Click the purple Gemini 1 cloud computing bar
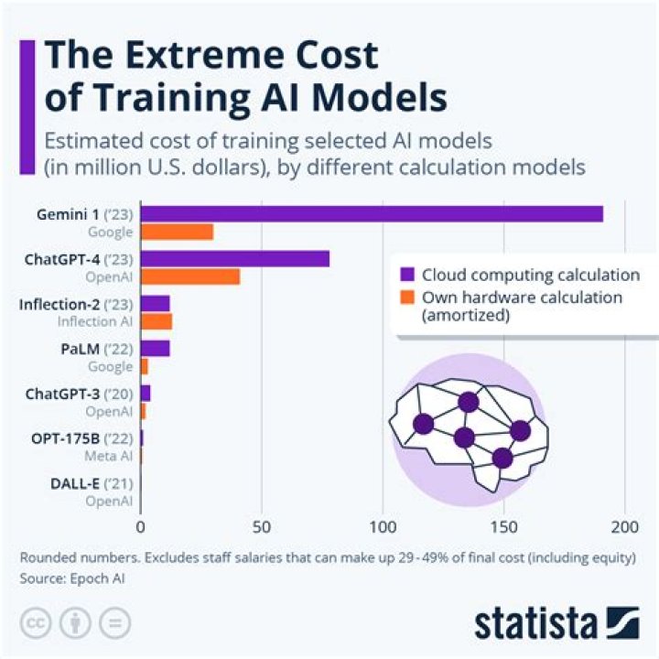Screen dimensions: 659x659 pyautogui.click(x=371, y=213)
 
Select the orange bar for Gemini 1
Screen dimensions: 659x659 pyautogui.click(x=177, y=232)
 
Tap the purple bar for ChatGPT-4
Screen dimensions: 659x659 pyautogui.click(x=234, y=259)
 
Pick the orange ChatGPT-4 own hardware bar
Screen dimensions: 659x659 pyautogui.click(x=189, y=276)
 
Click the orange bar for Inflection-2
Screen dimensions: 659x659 pyautogui.click(x=156, y=321)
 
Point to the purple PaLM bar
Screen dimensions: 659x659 pyautogui.click(x=155, y=348)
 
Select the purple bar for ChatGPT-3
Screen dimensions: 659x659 pyautogui.click(x=145, y=393)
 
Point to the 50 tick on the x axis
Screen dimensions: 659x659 pyautogui.click(x=262, y=526)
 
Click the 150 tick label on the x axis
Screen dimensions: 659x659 pyautogui.click(x=503, y=526)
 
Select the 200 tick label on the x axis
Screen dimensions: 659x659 pyautogui.click(x=624, y=526)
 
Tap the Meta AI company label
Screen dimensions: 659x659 pyautogui.click(x=108, y=456)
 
